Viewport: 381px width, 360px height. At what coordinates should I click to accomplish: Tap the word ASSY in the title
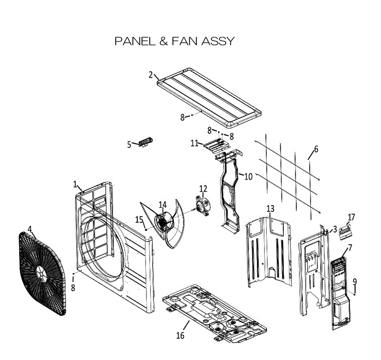217,41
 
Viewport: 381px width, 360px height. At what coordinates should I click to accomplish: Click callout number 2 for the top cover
151,75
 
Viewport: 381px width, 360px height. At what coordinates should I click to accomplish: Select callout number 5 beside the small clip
130,145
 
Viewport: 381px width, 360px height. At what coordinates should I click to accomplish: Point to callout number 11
194,143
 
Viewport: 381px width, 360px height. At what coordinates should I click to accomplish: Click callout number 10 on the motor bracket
248,176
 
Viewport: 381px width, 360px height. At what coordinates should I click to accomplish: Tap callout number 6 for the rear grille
316,149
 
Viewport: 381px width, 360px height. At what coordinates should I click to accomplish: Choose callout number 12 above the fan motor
203,189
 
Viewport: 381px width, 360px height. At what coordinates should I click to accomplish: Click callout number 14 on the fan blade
162,205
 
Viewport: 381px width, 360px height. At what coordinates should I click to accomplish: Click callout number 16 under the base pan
180,336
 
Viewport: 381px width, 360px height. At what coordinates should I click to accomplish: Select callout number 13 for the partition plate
270,208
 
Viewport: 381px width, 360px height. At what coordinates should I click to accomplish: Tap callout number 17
352,217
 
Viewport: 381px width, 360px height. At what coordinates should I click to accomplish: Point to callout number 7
350,247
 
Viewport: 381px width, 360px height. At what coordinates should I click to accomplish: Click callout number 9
354,281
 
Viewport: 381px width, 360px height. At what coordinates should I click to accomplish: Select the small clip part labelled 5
146,141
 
